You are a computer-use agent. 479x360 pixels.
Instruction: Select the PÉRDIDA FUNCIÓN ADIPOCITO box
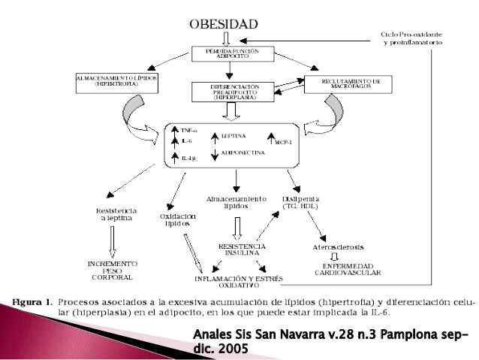(230, 53)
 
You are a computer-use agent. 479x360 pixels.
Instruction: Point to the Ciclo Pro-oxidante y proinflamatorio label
(411, 39)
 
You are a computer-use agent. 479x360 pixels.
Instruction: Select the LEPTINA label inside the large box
(234, 137)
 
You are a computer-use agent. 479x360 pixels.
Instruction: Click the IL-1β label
(188, 159)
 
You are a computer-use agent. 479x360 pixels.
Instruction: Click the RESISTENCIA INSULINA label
(241, 250)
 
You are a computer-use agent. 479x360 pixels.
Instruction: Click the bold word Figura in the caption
(29, 302)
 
